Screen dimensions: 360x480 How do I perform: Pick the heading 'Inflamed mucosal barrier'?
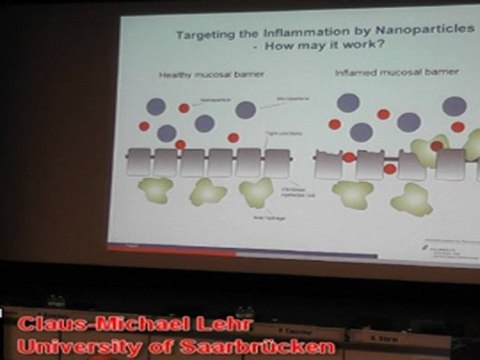386,76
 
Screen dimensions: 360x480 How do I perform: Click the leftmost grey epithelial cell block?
139,162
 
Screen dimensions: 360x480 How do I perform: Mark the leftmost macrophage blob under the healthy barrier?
154,190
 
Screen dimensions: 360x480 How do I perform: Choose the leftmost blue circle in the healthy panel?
156,106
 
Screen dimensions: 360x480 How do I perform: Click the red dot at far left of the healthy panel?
144,127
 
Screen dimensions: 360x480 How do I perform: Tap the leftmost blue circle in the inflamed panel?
348,102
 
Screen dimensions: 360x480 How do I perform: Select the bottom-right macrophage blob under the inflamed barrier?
411,199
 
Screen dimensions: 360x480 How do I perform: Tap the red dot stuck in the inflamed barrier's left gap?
349,157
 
